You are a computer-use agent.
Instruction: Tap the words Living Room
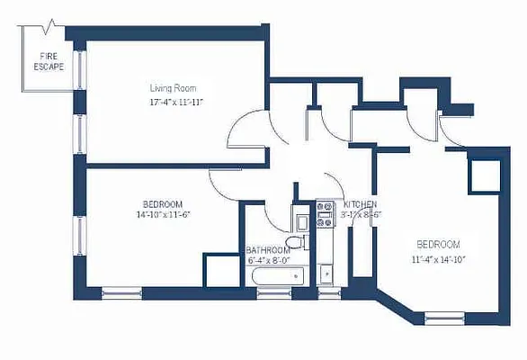tap(173, 88)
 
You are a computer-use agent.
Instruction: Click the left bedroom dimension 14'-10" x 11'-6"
tap(162, 214)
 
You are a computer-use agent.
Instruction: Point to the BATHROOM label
tap(268, 249)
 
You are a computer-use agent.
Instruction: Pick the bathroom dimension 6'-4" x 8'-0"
tap(268, 260)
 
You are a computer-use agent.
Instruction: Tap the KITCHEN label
tap(360, 204)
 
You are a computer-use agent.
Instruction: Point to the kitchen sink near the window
tap(325, 269)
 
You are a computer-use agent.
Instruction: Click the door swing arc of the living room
tap(243, 134)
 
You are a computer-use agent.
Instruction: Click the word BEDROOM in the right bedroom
tap(438, 245)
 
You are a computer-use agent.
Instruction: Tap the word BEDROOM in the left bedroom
tap(162, 203)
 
